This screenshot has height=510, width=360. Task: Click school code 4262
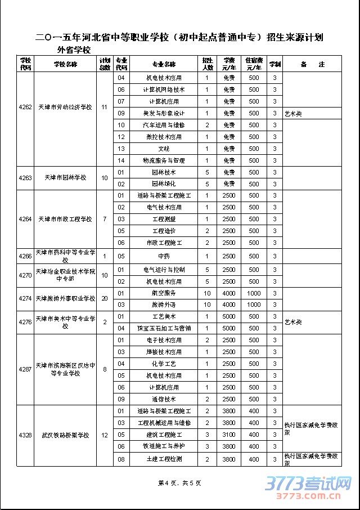[x=25, y=107]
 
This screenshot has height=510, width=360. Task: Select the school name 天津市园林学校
[x=65, y=178]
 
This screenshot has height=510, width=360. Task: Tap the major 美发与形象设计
[x=164, y=113]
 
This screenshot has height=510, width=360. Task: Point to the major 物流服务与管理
[x=164, y=160]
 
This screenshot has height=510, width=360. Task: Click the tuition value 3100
[x=228, y=435]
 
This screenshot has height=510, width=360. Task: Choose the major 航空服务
[x=164, y=293]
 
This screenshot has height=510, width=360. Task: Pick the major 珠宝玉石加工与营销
[x=164, y=328]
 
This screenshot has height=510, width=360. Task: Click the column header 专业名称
[x=164, y=64]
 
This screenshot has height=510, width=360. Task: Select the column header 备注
[x=312, y=64]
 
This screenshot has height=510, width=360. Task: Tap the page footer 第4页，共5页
[x=179, y=483]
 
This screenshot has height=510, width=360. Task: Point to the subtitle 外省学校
[x=74, y=50]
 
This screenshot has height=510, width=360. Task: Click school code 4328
[x=25, y=435]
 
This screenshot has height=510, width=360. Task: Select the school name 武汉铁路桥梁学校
[x=65, y=435]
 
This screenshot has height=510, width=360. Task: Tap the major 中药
[x=164, y=256]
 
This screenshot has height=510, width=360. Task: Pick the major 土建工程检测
[x=164, y=459]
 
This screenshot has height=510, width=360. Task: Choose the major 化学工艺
[x=164, y=364]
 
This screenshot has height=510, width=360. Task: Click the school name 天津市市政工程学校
[x=65, y=219]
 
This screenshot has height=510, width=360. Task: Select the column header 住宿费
[x=254, y=64]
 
